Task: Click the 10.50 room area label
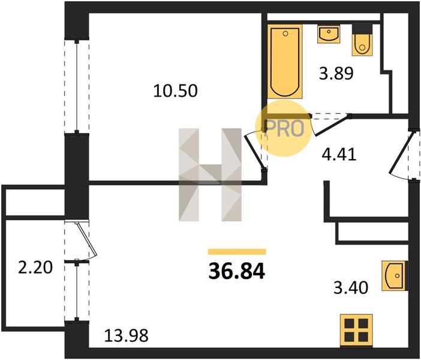[x=175, y=91]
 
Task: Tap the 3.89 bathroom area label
[x=336, y=73]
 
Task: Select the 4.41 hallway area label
[x=339, y=154]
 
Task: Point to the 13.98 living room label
[x=126, y=335]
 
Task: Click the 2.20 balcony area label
[x=35, y=268]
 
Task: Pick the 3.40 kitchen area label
[x=350, y=288]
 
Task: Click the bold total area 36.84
[x=237, y=271]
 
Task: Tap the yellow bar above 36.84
[x=237, y=251]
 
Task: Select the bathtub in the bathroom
[x=285, y=62]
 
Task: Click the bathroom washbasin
[x=329, y=34]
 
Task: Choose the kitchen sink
[x=394, y=275]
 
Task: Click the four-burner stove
[x=356, y=331]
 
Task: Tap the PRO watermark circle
[x=283, y=128]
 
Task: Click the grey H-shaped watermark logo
[x=210, y=175]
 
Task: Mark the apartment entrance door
[x=402, y=156]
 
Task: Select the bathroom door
[x=331, y=124]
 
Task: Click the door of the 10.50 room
[x=255, y=151]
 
